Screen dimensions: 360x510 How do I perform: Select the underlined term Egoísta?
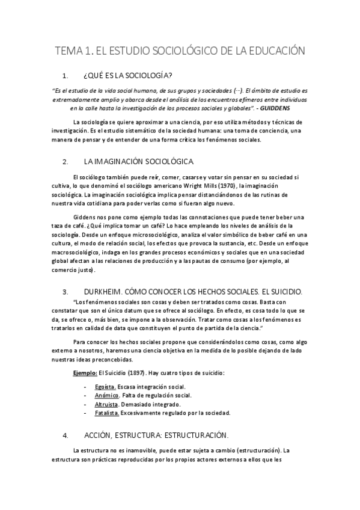[x=105, y=386]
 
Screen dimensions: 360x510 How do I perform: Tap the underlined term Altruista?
[x=107, y=404]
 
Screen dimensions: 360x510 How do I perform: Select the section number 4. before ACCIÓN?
[x=66, y=435]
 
